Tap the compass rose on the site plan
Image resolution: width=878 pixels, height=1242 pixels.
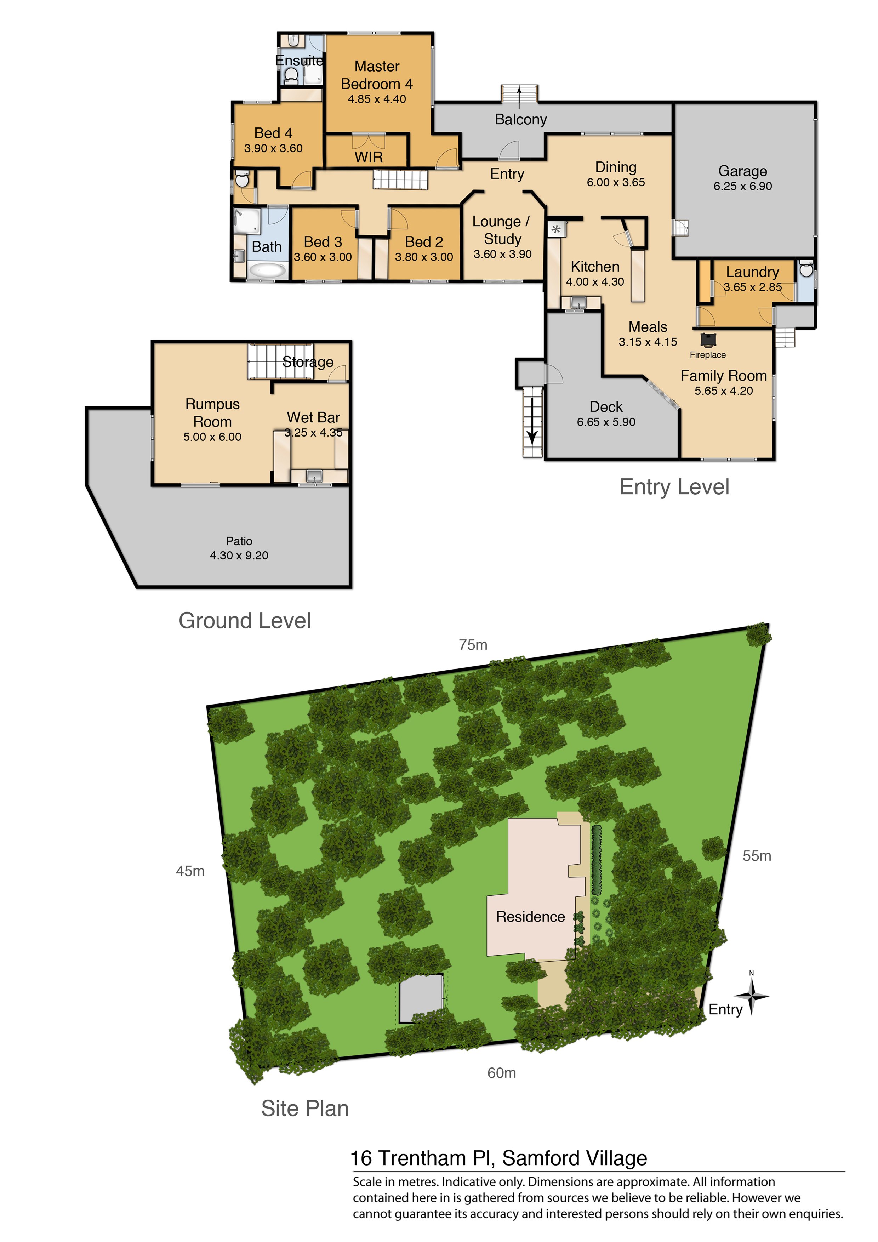(751, 996)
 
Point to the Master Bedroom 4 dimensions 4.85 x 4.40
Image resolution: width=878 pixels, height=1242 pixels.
(377, 99)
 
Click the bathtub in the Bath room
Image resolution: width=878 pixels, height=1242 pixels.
(268, 269)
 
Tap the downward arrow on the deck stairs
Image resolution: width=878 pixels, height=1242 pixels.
(532, 422)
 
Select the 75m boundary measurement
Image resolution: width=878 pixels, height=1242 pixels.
(473, 645)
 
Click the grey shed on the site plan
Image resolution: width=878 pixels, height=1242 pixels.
(421, 998)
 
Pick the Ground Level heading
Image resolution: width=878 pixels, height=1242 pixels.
(245, 620)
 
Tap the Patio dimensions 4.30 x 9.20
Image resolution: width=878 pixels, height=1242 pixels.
(239, 556)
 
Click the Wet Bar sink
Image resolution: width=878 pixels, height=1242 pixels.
(314, 476)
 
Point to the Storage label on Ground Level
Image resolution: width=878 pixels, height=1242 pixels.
(308, 362)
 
